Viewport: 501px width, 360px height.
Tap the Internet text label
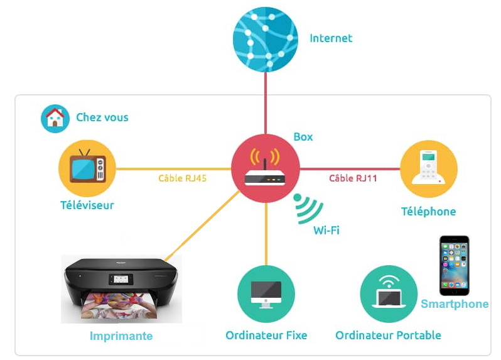point(331,38)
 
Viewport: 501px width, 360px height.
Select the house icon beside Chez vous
point(55,118)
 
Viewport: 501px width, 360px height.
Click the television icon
point(87,168)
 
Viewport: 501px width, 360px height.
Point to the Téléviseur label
point(87,205)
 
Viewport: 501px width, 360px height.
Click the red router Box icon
point(265,168)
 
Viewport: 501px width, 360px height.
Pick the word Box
point(303,137)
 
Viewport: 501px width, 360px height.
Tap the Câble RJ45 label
point(183,178)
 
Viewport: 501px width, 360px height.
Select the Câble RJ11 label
point(353,178)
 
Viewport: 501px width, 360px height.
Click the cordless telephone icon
point(428,168)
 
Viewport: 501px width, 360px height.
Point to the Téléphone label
point(428,212)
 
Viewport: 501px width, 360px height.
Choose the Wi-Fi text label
point(326,230)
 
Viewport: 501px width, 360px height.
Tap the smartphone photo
point(454,266)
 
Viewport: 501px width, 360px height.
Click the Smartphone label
point(455,304)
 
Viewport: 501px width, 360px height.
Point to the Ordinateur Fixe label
point(266,335)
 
